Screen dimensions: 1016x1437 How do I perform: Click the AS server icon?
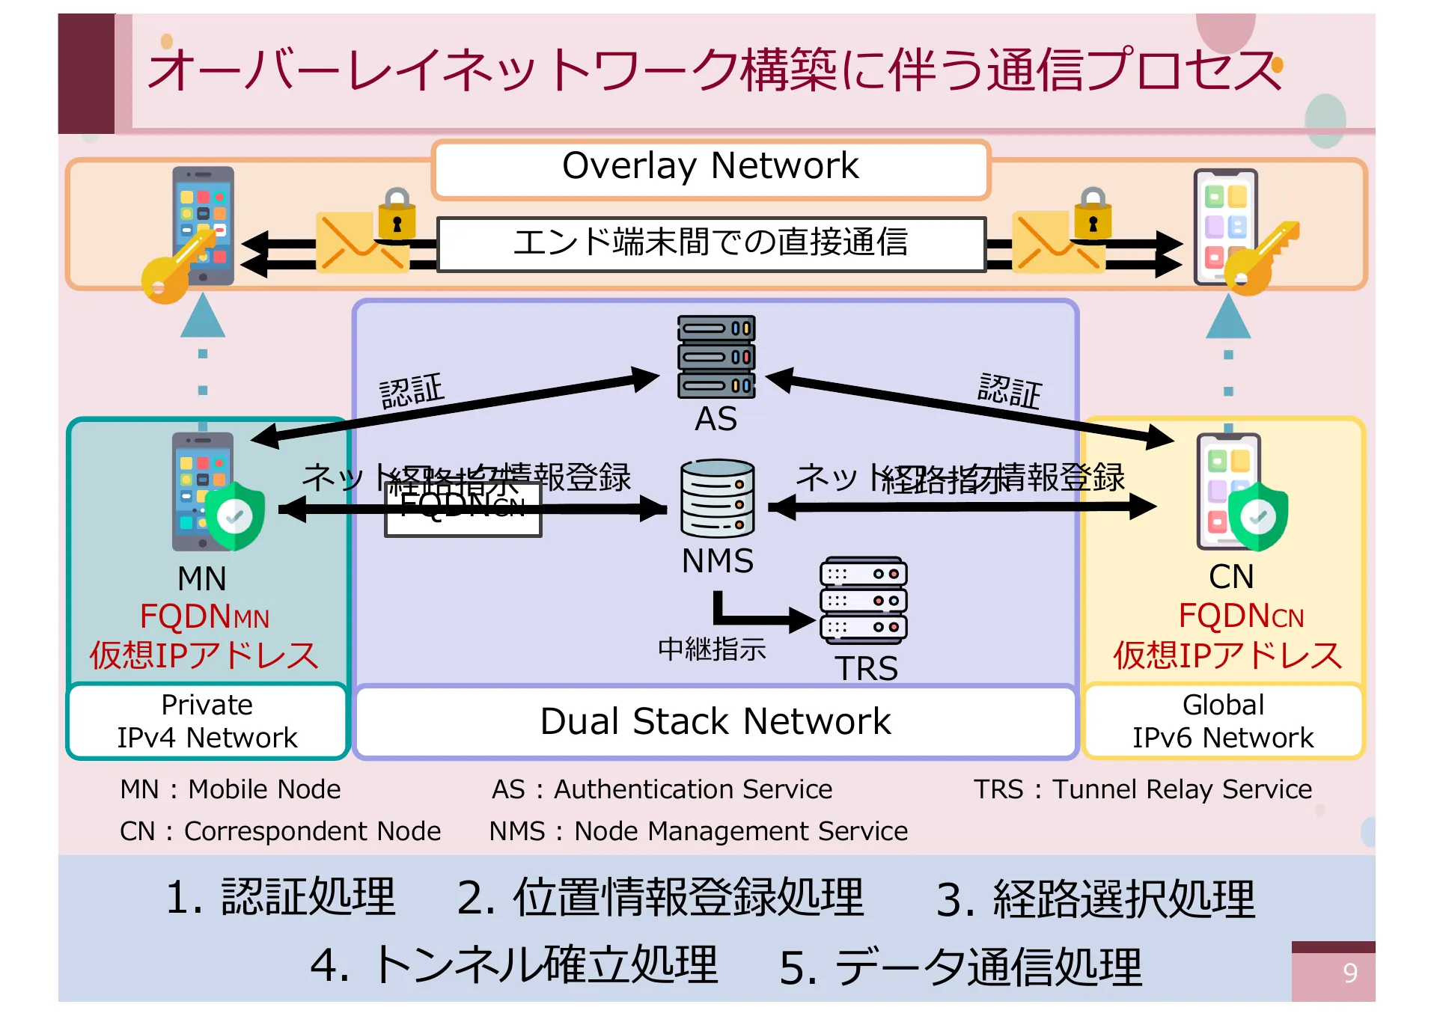tap(716, 357)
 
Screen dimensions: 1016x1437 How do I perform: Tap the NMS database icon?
tap(717, 498)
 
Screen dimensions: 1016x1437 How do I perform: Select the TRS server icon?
tap(863, 601)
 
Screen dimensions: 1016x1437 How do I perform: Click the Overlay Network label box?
tap(710, 168)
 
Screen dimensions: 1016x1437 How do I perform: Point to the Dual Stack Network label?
tap(715, 721)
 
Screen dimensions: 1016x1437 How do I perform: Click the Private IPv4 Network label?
tap(207, 721)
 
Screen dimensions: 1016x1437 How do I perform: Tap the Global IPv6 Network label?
tap(1222, 721)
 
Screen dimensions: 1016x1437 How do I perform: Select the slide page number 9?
tap(1349, 973)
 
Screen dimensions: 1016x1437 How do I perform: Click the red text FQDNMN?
tap(204, 617)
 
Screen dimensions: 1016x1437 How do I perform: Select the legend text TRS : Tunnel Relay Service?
tap(1142, 789)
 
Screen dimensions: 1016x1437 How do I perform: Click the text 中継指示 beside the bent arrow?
tap(712, 649)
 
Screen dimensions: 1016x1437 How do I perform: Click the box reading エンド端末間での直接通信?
tap(710, 243)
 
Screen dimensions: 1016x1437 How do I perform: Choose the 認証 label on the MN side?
tap(412, 391)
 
